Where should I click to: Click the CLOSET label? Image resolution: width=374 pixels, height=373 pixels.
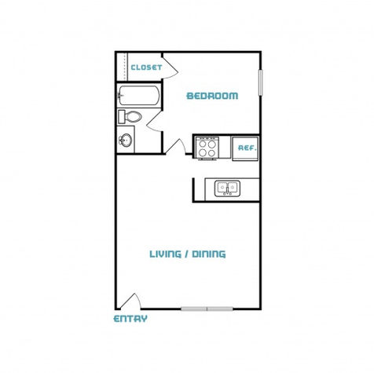click(146, 68)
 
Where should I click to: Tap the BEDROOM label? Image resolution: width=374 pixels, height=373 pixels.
click(212, 96)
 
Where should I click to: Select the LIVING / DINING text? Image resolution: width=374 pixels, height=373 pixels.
click(188, 254)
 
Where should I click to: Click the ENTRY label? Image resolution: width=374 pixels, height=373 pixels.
click(130, 319)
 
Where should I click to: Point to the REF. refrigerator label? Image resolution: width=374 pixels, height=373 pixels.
click(247, 148)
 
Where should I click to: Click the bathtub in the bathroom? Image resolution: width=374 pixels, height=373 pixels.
click(138, 95)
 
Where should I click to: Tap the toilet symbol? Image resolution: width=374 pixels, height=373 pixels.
click(130, 117)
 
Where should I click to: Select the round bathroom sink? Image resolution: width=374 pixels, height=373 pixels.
click(126, 141)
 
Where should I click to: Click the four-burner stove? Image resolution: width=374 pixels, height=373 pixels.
click(207, 148)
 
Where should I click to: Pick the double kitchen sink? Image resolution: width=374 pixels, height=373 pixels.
click(227, 188)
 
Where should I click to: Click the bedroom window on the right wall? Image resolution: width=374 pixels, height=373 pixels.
click(260, 82)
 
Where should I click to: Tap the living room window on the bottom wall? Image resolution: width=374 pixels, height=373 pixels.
click(207, 309)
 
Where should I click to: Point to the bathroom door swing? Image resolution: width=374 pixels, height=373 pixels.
click(155, 121)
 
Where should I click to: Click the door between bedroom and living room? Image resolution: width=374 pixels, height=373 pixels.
click(176, 147)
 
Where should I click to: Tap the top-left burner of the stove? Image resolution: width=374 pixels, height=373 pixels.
click(203, 144)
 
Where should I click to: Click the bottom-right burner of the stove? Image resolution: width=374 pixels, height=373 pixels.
click(212, 152)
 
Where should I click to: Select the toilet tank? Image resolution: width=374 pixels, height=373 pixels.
click(122, 117)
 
